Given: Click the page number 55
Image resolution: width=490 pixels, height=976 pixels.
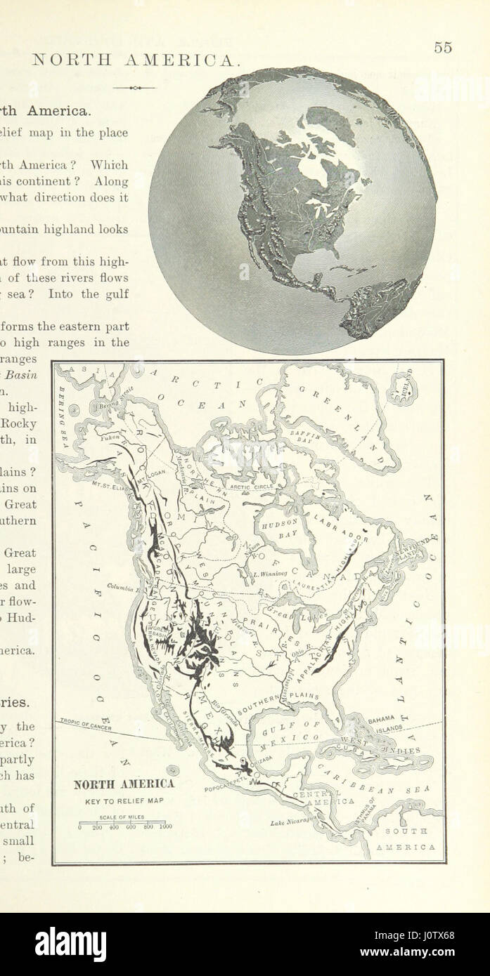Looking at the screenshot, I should [x=442, y=48].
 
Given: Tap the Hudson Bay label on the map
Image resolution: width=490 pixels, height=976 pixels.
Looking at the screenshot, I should [x=280, y=528].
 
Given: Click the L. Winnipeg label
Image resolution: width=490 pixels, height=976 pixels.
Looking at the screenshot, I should [x=270, y=573].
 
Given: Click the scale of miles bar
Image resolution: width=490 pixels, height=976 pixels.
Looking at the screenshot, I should [x=123, y=822].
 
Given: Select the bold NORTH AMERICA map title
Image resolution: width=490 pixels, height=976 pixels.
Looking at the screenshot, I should [x=124, y=784].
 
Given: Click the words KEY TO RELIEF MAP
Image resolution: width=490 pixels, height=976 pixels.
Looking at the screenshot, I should [x=124, y=800].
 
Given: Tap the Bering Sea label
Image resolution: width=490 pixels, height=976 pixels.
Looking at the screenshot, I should [x=62, y=403].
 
